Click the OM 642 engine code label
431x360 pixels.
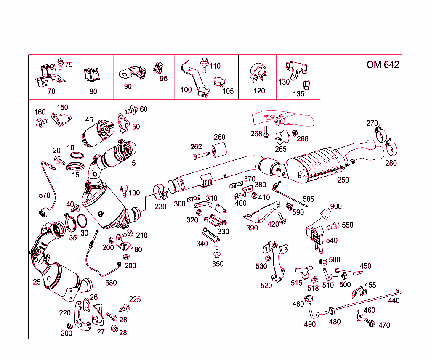pyautogui.click(x=382, y=64)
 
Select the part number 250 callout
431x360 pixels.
pyautogui.click(x=343, y=180)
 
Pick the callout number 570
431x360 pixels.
pyautogui.click(x=44, y=195)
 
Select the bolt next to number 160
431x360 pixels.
pyautogui.click(x=41, y=123)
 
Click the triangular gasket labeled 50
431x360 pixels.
pyautogui.click(x=122, y=124)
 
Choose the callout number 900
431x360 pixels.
pyautogui.click(x=336, y=206)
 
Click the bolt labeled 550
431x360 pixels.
pyautogui.click(x=333, y=226)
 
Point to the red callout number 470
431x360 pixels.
pyautogui.click(x=384, y=325)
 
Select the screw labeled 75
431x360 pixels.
pyautogui.click(x=59, y=64)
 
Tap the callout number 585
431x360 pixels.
pyautogui.click(x=309, y=199)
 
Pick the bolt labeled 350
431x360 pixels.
pyautogui.click(x=217, y=253)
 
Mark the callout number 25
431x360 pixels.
pyautogui.click(x=37, y=282)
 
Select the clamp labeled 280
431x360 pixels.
pyautogui.click(x=391, y=148)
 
